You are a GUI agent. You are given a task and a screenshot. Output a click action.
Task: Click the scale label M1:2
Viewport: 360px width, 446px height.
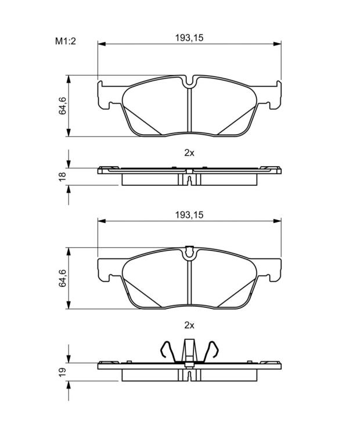66,41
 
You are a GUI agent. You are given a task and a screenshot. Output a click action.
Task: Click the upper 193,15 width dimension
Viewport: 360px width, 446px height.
189,38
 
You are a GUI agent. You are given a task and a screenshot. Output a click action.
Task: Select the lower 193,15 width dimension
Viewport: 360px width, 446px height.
189,215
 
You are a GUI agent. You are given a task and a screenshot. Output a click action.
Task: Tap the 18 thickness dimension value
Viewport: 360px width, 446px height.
62,177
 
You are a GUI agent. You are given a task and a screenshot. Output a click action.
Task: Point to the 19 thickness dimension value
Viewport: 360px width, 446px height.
62,372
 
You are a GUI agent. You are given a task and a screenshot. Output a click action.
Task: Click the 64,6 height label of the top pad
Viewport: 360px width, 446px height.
62,106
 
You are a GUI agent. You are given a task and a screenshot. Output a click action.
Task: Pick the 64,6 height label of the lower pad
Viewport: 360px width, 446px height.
62,278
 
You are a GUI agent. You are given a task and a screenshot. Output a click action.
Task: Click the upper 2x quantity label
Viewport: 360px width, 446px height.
189,153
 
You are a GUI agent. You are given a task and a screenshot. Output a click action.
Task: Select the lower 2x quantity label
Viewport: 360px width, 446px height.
189,325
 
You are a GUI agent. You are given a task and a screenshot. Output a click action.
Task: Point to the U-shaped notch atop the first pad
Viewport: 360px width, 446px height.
189,83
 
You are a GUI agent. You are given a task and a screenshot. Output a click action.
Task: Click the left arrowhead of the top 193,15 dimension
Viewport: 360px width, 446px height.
102,44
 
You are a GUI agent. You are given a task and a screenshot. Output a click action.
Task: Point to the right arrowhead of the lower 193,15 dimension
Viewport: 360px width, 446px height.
277,221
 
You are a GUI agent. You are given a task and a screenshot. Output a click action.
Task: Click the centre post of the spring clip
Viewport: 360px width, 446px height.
189,351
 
